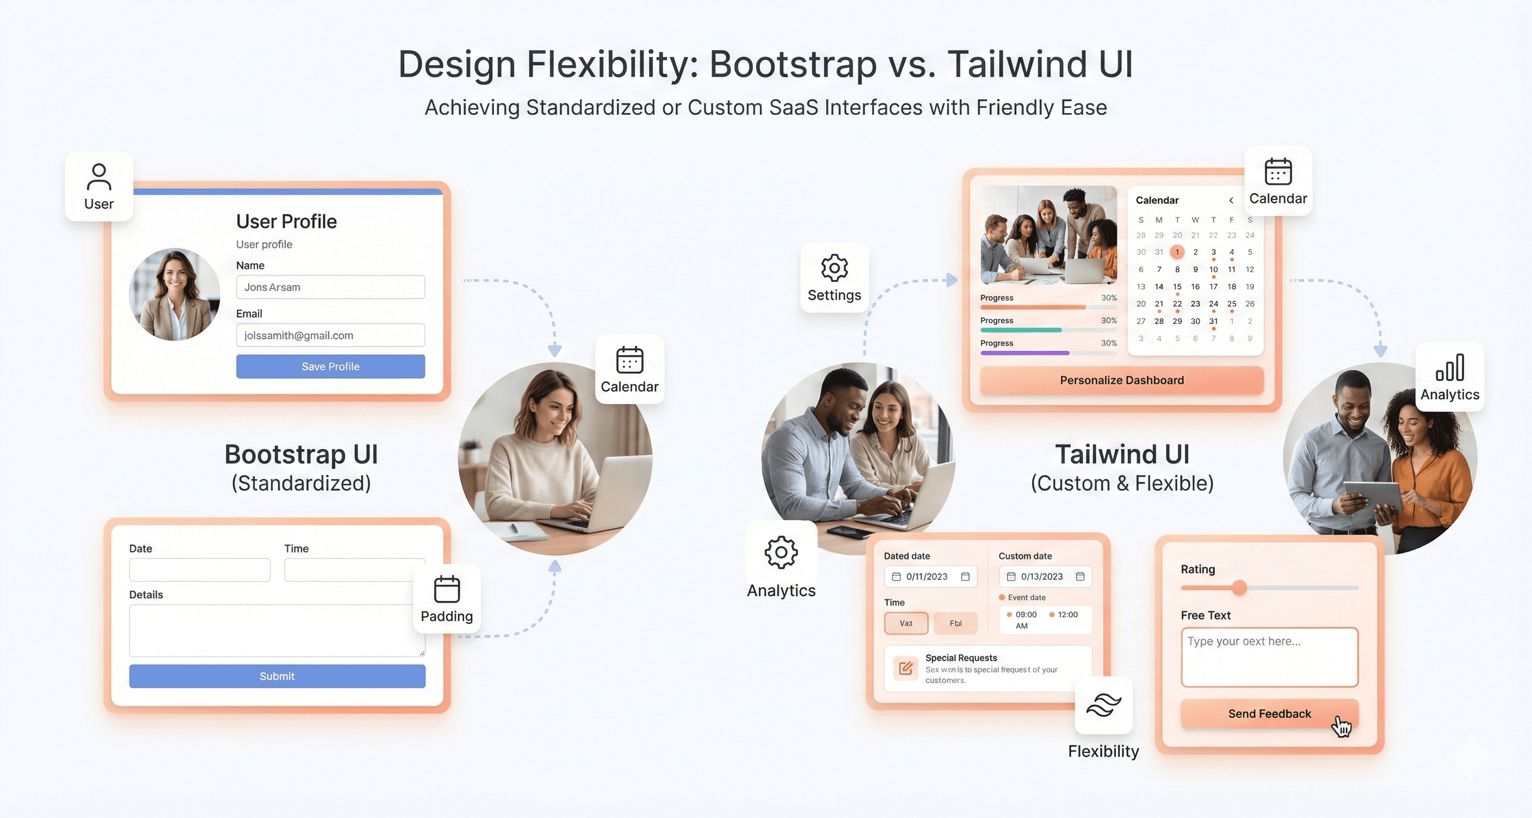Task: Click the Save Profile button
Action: [330, 366]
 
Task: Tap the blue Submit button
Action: [277, 676]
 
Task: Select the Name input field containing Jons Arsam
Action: [330, 287]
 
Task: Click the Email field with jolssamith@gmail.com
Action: [330, 335]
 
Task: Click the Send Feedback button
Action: [1269, 714]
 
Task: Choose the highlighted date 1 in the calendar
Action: [1176, 252]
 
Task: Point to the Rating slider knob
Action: [1239, 588]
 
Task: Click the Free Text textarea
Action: [1269, 657]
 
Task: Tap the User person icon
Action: [98, 177]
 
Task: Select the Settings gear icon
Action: [834, 268]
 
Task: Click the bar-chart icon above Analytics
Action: [1449, 367]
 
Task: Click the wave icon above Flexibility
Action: [1103, 705]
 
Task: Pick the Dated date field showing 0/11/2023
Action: [930, 577]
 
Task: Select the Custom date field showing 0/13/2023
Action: [1045, 577]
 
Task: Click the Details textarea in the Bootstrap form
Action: [277, 630]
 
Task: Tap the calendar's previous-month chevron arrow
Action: [1231, 200]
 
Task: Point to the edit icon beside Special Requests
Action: [905, 668]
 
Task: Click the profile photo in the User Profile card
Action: [174, 294]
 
